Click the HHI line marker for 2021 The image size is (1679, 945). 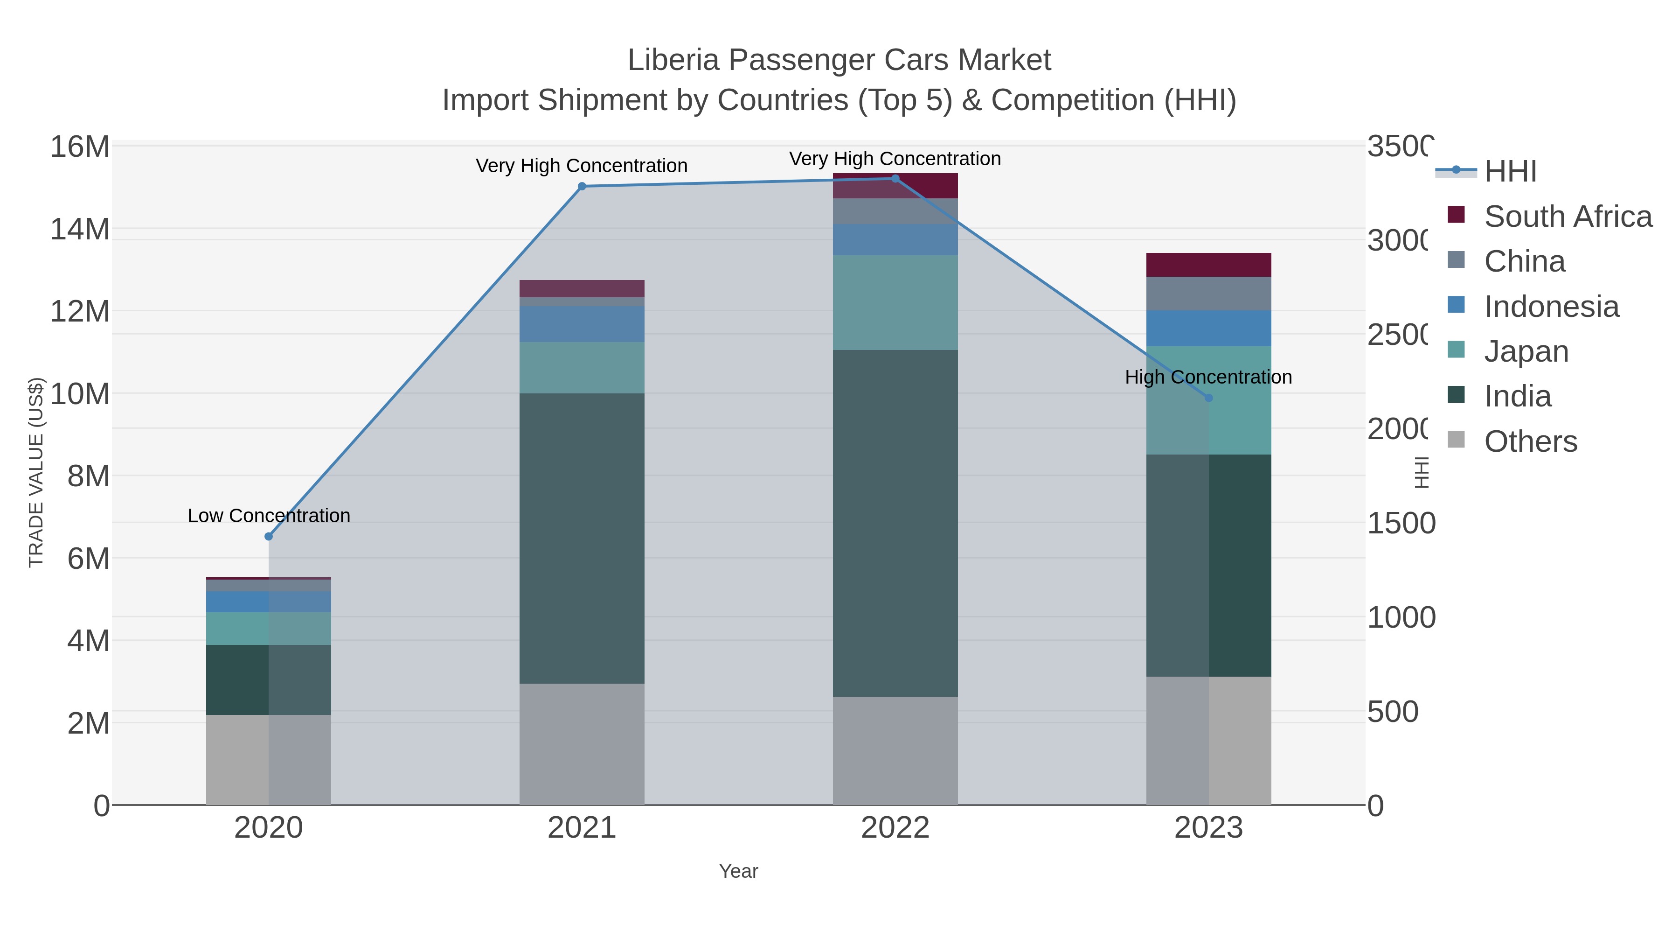(582, 187)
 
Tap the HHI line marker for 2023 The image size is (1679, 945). (1208, 398)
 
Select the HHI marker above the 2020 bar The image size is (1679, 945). (269, 537)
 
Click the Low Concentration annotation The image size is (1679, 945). (269, 516)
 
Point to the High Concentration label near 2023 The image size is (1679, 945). (1208, 377)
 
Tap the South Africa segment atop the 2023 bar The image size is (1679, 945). (1208, 265)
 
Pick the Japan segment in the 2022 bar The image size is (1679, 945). (895, 302)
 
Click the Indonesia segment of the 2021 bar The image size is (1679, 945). (582, 324)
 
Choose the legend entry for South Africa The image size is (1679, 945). (1568, 217)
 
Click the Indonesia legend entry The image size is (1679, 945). (1551, 307)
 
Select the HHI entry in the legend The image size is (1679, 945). (1510, 172)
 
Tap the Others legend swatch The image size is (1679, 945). (1456, 440)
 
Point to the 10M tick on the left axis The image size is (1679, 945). (79, 394)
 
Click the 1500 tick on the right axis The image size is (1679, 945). (1400, 523)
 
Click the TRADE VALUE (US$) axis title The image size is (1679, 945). (36, 472)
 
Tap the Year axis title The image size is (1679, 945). (738, 871)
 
